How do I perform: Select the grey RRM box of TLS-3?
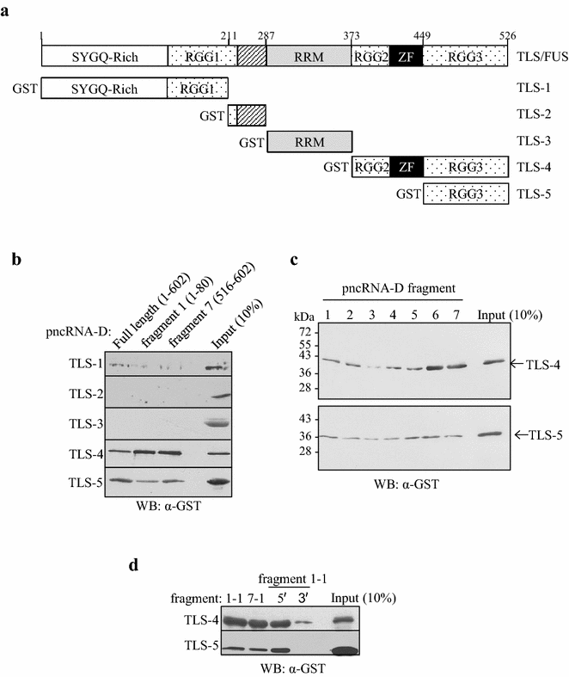tap(310, 141)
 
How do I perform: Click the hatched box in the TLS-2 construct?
tap(250, 114)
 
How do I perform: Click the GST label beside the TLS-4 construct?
tap(336, 168)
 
